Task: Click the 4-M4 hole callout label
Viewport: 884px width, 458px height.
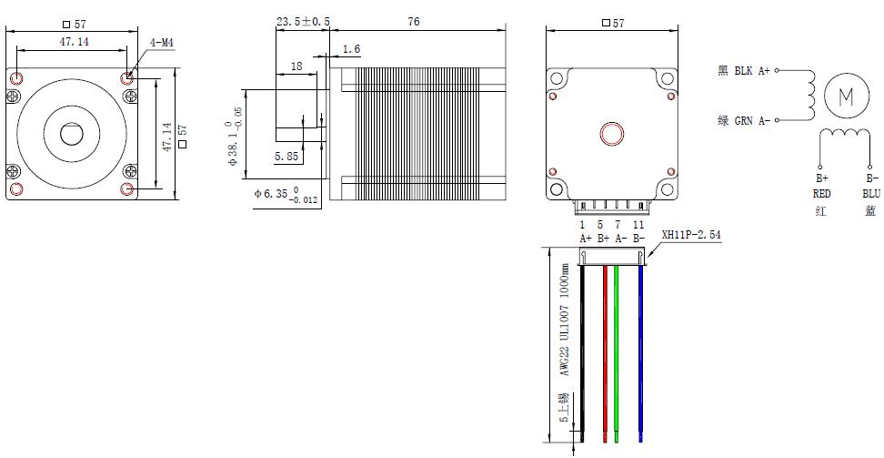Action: coord(162,42)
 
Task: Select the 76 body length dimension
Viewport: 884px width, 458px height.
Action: coord(414,22)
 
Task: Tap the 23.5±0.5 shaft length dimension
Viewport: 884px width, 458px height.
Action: coord(303,22)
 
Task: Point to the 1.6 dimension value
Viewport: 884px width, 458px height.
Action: coord(352,48)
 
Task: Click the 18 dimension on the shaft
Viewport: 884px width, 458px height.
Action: coord(296,66)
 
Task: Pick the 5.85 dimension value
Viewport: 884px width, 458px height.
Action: coord(286,157)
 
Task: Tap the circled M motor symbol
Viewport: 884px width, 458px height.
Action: coord(846,96)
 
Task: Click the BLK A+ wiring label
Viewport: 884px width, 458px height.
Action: coord(744,70)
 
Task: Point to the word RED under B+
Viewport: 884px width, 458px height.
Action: coord(821,193)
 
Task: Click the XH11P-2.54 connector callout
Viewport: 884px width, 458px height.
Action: coord(692,234)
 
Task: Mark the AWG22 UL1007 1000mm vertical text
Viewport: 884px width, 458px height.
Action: coord(564,321)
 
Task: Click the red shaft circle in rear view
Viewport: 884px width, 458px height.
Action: coord(610,135)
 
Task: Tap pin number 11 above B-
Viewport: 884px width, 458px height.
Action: coord(638,224)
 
